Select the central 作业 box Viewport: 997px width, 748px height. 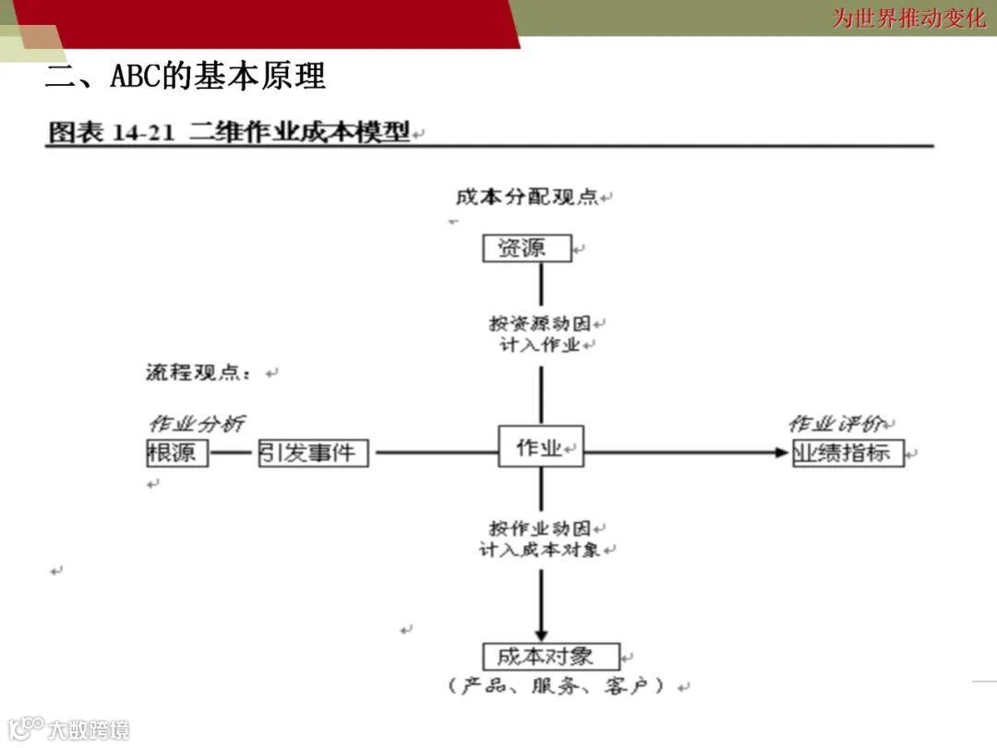tap(541, 447)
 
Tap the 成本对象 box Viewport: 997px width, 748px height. tap(551, 657)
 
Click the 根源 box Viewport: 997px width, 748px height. tap(177, 453)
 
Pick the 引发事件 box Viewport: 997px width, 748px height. tap(313, 453)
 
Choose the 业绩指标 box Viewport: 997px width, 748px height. tap(847, 453)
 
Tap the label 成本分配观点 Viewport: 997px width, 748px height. tap(527, 198)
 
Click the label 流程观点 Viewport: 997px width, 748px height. tap(198, 373)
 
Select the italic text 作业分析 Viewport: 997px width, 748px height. tap(197, 424)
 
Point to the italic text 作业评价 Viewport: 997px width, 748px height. tap(837, 424)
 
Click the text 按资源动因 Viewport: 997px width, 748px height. tap(539, 324)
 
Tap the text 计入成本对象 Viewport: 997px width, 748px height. tap(539, 549)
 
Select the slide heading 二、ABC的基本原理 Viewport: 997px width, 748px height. tap(186, 77)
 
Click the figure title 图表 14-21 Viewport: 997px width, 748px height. tap(111, 133)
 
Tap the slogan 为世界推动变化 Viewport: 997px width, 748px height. tap(908, 18)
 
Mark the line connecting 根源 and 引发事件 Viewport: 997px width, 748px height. tap(234, 453)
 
